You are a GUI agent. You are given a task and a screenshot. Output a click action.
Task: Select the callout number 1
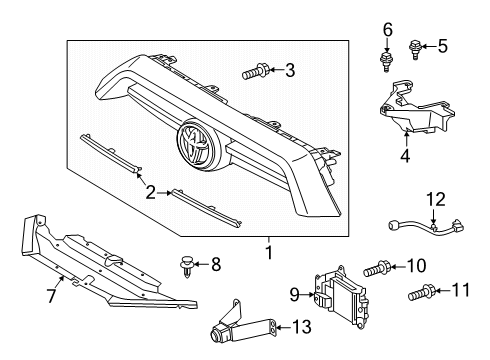click(x=269, y=252)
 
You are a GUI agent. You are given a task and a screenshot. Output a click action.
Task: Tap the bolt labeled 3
click(x=254, y=72)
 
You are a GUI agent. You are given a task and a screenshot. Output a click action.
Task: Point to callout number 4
click(x=405, y=155)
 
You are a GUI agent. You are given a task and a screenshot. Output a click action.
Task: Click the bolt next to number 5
click(x=414, y=49)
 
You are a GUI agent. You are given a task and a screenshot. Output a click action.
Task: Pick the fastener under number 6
click(x=386, y=61)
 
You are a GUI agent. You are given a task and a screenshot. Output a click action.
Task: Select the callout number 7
click(x=51, y=296)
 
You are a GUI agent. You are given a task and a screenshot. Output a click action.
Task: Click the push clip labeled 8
click(x=187, y=266)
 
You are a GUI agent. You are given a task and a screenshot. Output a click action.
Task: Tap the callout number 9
click(x=295, y=294)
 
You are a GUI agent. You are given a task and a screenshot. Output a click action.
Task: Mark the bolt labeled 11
click(x=421, y=292)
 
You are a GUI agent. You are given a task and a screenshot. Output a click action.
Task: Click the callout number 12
click(x=436, y=199)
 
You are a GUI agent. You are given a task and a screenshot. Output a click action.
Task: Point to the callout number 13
click(x=302, y=327)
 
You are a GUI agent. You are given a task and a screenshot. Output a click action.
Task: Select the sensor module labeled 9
click(x=341, y=297)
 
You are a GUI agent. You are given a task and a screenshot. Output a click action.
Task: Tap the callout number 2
click(x=151, y=192)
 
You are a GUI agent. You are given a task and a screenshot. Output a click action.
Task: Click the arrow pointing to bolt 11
click(x=442, y=291)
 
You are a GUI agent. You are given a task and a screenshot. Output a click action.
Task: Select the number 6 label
click(x=388, y=30)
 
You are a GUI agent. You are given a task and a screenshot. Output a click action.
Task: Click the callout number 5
click(x=443, y=46)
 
